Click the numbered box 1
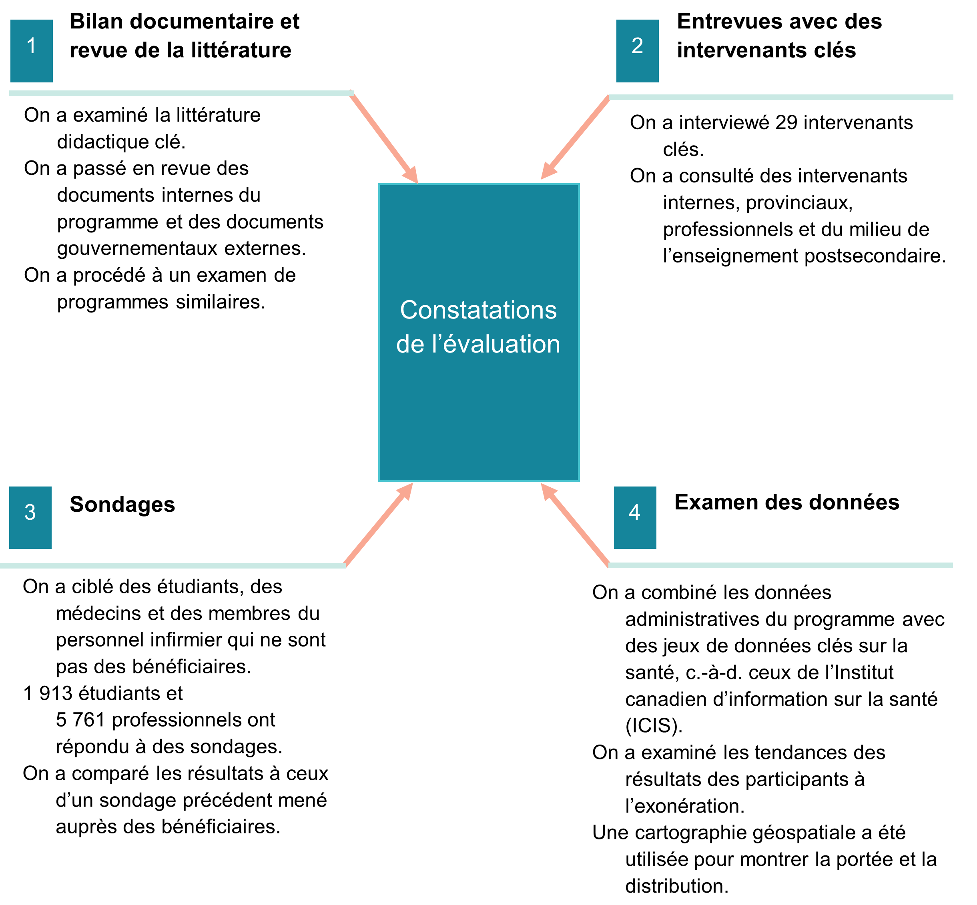pos(31,51)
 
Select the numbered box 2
pos(637,51)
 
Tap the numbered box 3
pos(30,518)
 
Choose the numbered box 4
pos(635,518)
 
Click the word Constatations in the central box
pos(478,310)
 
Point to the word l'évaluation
pos(496,344)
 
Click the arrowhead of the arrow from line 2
pos(548,172)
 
